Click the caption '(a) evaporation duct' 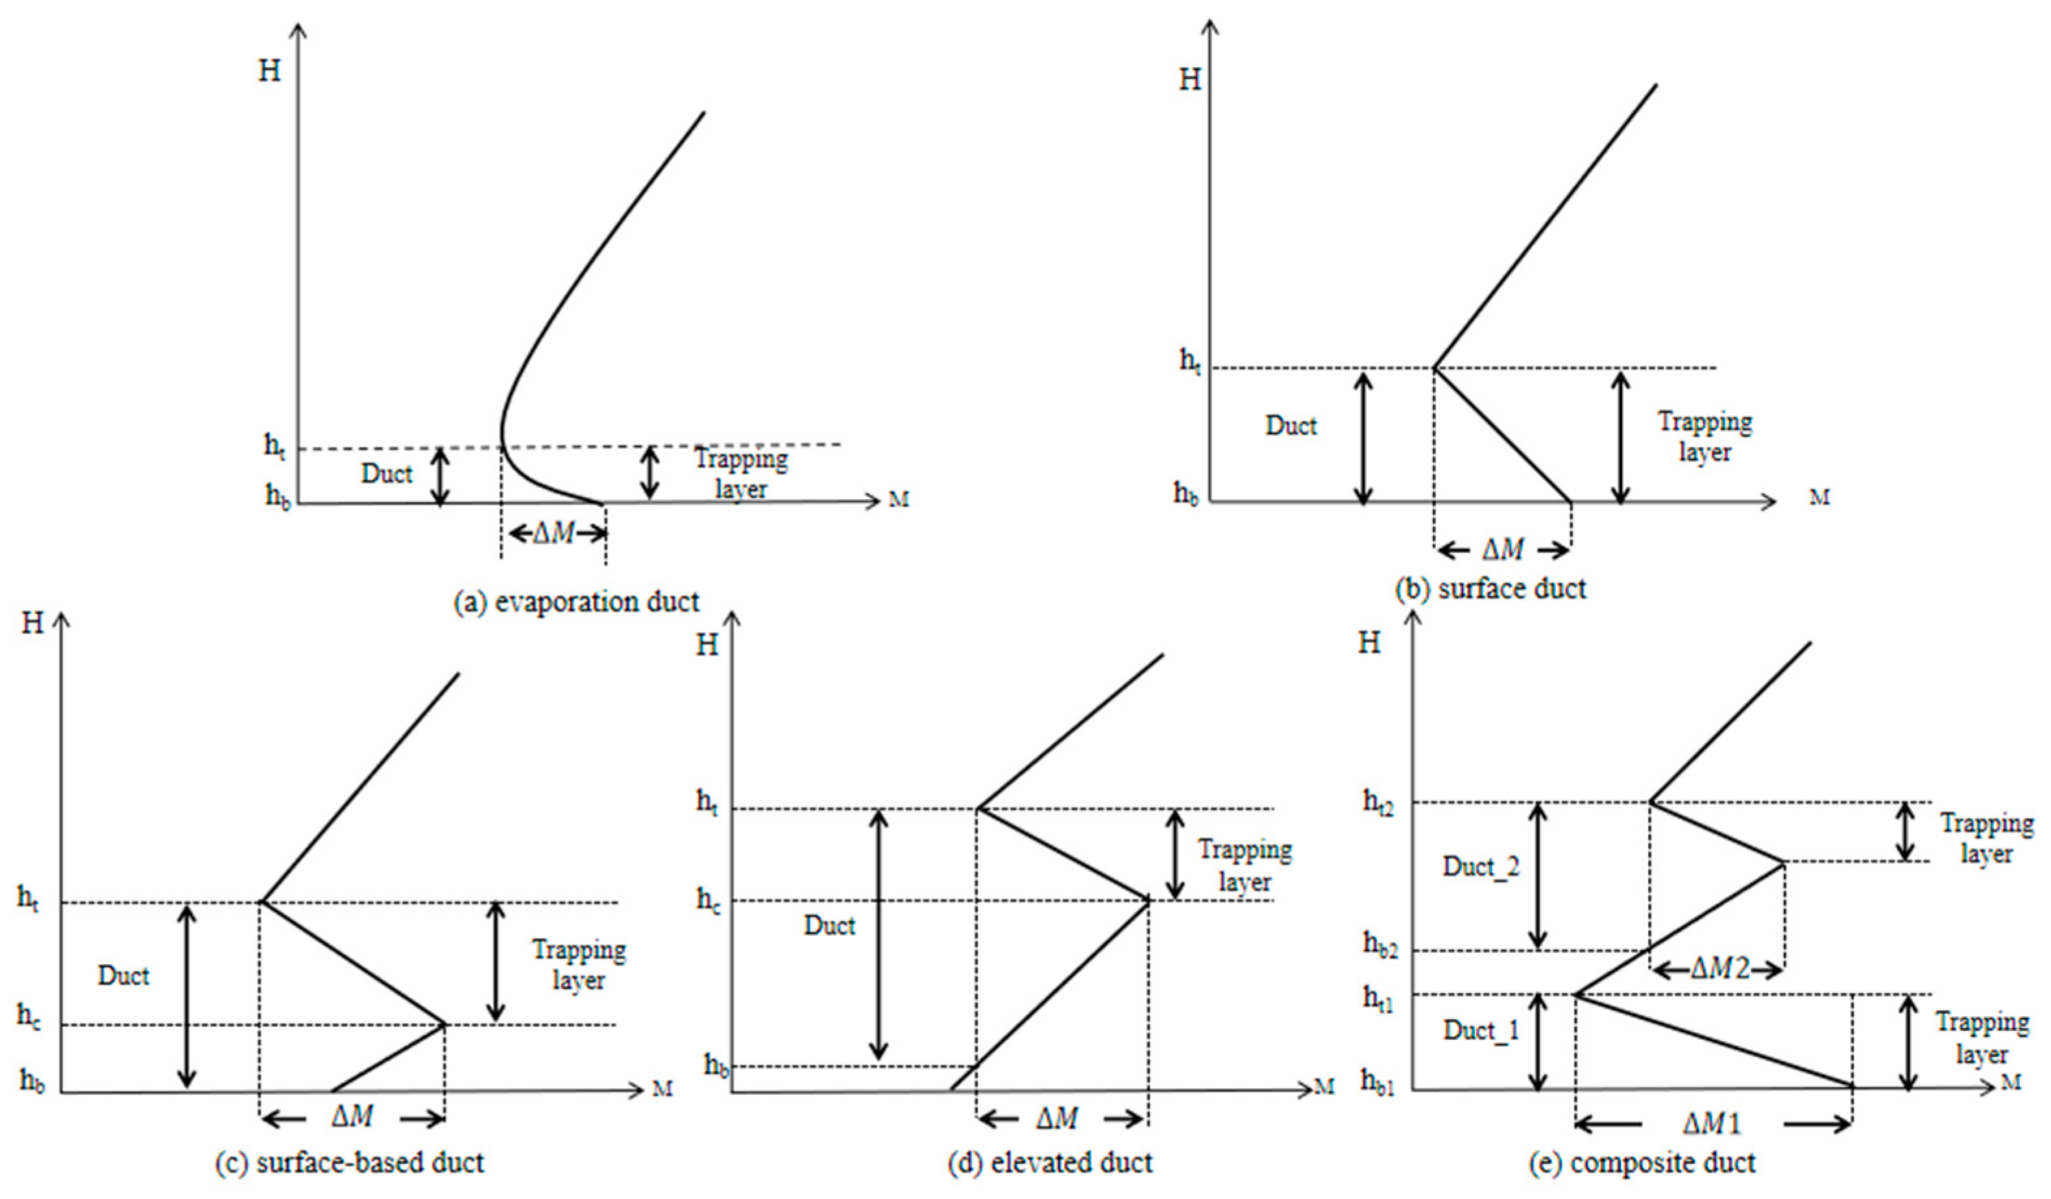pos(576,602)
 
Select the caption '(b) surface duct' pos(1491,589)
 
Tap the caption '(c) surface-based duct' pos(349,1162)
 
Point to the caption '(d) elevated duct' pos(1050,1162)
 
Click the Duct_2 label pos(1481,867)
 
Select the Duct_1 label pos(1481,1031)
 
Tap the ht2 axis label pos(1378,803)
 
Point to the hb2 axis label pos(1380,944)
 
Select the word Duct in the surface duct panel pos(1291,426)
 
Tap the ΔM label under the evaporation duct pos(553,534)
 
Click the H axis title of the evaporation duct pos(269,71)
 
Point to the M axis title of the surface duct pos(1819,497)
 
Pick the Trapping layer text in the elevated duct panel pos(1244,865)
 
